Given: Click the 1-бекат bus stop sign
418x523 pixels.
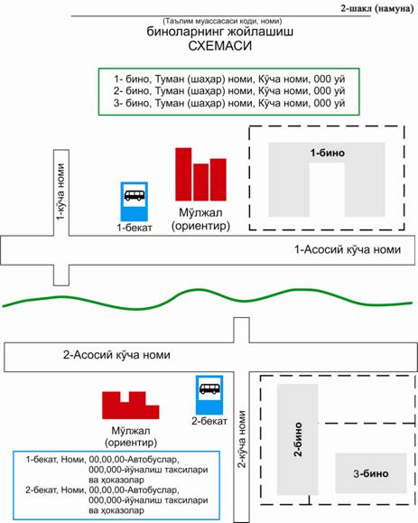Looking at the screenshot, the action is tap(134, 201).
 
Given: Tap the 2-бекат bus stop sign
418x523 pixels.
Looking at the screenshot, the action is tap(209, 395).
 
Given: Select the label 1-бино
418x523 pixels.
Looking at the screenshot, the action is tap(328, 153).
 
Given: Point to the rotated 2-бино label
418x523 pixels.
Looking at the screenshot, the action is tap(298, 439).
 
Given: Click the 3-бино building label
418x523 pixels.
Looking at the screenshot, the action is tap(371, 473).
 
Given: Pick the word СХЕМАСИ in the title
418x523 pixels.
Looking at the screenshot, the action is tap(220, 46).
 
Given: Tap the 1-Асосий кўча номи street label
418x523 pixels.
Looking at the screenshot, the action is tap(348, 249).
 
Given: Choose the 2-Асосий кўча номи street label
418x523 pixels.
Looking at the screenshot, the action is tap(116, 355).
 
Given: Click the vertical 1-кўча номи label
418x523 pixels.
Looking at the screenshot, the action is tap(60, 191).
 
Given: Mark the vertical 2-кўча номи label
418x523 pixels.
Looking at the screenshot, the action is tap(242, 439).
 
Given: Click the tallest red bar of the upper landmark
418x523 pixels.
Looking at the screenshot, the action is tap(183, 174).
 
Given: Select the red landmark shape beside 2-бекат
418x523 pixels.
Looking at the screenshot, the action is tap(131, 406).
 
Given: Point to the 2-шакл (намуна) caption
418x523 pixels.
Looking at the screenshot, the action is tap(377, 9).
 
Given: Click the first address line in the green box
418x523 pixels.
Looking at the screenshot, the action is tap(229, 79).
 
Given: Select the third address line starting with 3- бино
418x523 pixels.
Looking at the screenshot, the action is tap(229, 103).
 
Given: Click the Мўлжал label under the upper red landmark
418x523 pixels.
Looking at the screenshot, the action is tap(200, 212).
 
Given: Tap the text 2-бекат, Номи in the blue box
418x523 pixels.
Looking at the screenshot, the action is tap(55, 490).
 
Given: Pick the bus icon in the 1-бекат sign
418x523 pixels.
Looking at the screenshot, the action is tap(135, 195).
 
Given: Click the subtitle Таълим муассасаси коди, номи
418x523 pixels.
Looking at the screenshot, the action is tap(222, 21).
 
